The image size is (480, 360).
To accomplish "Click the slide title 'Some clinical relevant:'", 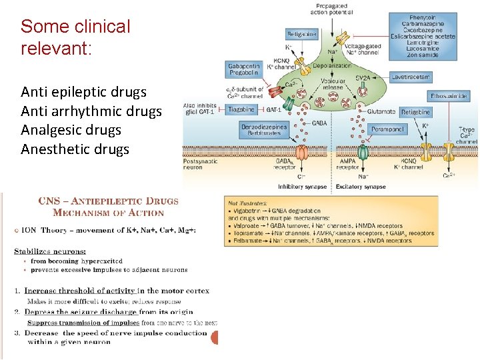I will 75,37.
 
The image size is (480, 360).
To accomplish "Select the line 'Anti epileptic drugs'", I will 83,92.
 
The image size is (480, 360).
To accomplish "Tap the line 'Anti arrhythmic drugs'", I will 91,111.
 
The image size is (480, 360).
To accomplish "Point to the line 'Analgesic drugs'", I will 71,130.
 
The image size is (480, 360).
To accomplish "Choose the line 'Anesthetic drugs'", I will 75,149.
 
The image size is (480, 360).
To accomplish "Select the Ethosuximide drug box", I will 448,97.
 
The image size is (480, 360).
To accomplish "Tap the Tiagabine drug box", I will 242,109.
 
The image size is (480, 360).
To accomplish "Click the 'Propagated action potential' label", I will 331,9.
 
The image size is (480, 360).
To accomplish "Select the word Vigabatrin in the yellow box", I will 249,210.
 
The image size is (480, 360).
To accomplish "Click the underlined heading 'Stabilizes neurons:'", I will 50,251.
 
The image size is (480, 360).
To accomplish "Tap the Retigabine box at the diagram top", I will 301,33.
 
